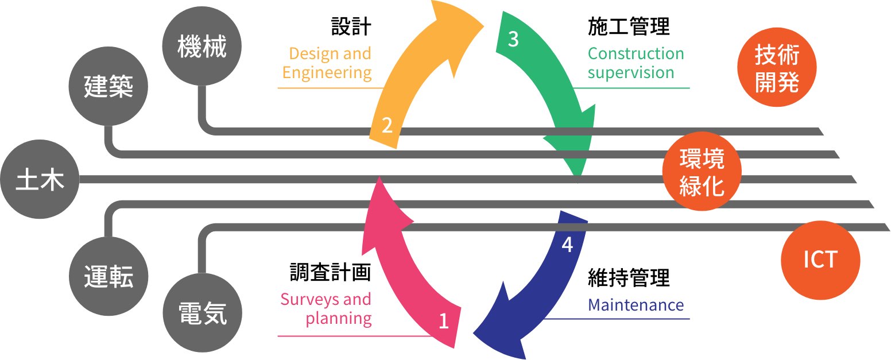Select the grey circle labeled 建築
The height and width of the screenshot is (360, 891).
[109, 87]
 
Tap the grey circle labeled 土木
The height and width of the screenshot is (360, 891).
[40, 179]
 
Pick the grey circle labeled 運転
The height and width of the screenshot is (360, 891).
[109, 278]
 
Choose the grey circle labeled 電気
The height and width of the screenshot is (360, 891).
[202, 313]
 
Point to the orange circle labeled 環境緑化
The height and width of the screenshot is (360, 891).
[702, 173]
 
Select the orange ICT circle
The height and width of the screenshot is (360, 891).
[820, 260]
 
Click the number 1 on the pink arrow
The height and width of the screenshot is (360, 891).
[443, 321]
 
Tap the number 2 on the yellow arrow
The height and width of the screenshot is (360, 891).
[388, 125]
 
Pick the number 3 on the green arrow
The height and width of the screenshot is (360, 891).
[513, 39]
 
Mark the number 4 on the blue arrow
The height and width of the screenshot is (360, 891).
[567, 245]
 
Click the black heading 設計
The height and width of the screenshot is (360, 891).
[351, 26]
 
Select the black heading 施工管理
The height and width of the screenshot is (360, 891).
[629, 26]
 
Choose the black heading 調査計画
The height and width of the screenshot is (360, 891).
[330, 272]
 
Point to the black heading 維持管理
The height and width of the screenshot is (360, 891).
[629, 278]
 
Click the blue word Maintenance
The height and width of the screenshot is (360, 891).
[636, 305]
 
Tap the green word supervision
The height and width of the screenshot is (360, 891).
[630, 73]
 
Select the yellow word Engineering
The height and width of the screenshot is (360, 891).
[327, 73]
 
